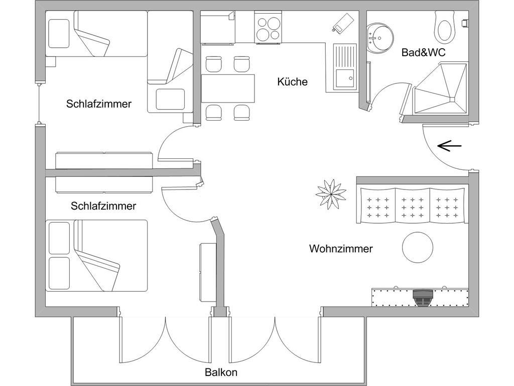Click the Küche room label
[x=292, y=81]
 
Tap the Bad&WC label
[x=423, y=52]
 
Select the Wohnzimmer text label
[x=341, y=248]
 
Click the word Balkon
[x=221, y=372]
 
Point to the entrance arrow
[x=449, y=146]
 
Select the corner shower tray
[x=440, y=89]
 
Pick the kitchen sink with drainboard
[x=344, y=66]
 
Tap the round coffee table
[x=417, y=247]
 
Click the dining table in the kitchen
[x=228, y=88]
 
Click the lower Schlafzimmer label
[x=103, y=206]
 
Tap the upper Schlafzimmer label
[x=99, y=104]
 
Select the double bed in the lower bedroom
[x=97, y=255]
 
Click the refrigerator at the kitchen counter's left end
[x=218, y=28]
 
